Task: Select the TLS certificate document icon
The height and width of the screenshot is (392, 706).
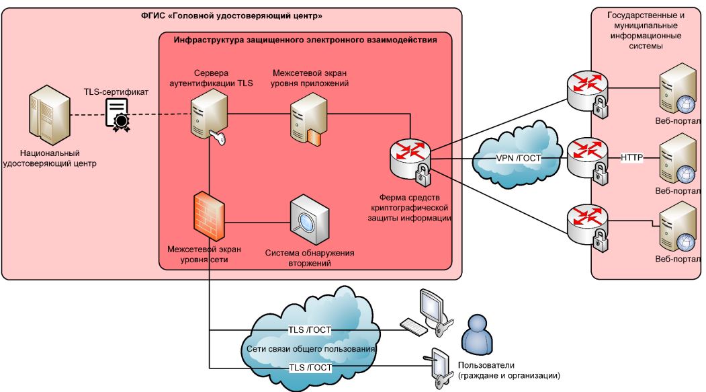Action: pyautogui.click(x=118, y=112)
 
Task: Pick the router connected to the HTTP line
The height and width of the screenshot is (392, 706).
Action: pyautogui.click(x=583, y=159)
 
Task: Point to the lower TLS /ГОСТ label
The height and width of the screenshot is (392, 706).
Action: pyautogui.click(x=310, y=368)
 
